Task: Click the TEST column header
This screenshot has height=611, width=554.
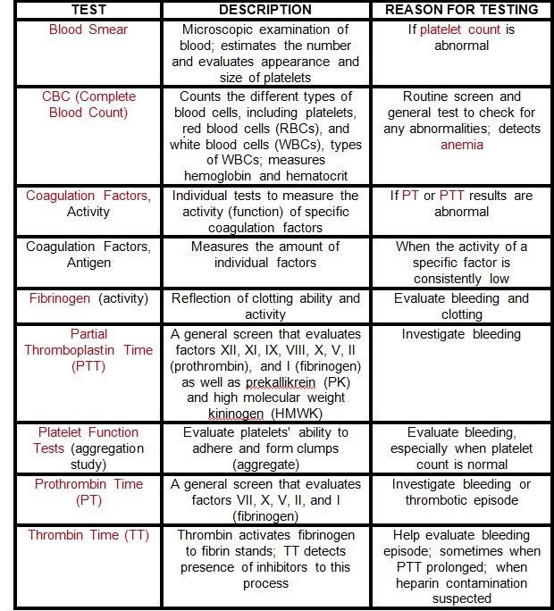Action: pos(88,10)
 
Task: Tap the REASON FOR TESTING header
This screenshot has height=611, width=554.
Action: pos(461,10)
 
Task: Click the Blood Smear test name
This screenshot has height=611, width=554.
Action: pos(88,29)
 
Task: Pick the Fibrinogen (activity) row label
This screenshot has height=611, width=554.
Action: pos(88,298)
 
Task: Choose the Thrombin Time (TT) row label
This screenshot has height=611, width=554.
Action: pos(88,534)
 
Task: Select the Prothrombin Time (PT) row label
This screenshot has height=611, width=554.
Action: pos(88,491)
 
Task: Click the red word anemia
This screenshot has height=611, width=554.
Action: pos(461,145)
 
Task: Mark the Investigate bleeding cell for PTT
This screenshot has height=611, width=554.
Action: pos(461,334)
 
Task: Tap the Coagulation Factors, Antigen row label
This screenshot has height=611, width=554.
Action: pos(88,255)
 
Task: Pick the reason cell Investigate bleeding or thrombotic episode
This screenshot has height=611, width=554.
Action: pos(461,491)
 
